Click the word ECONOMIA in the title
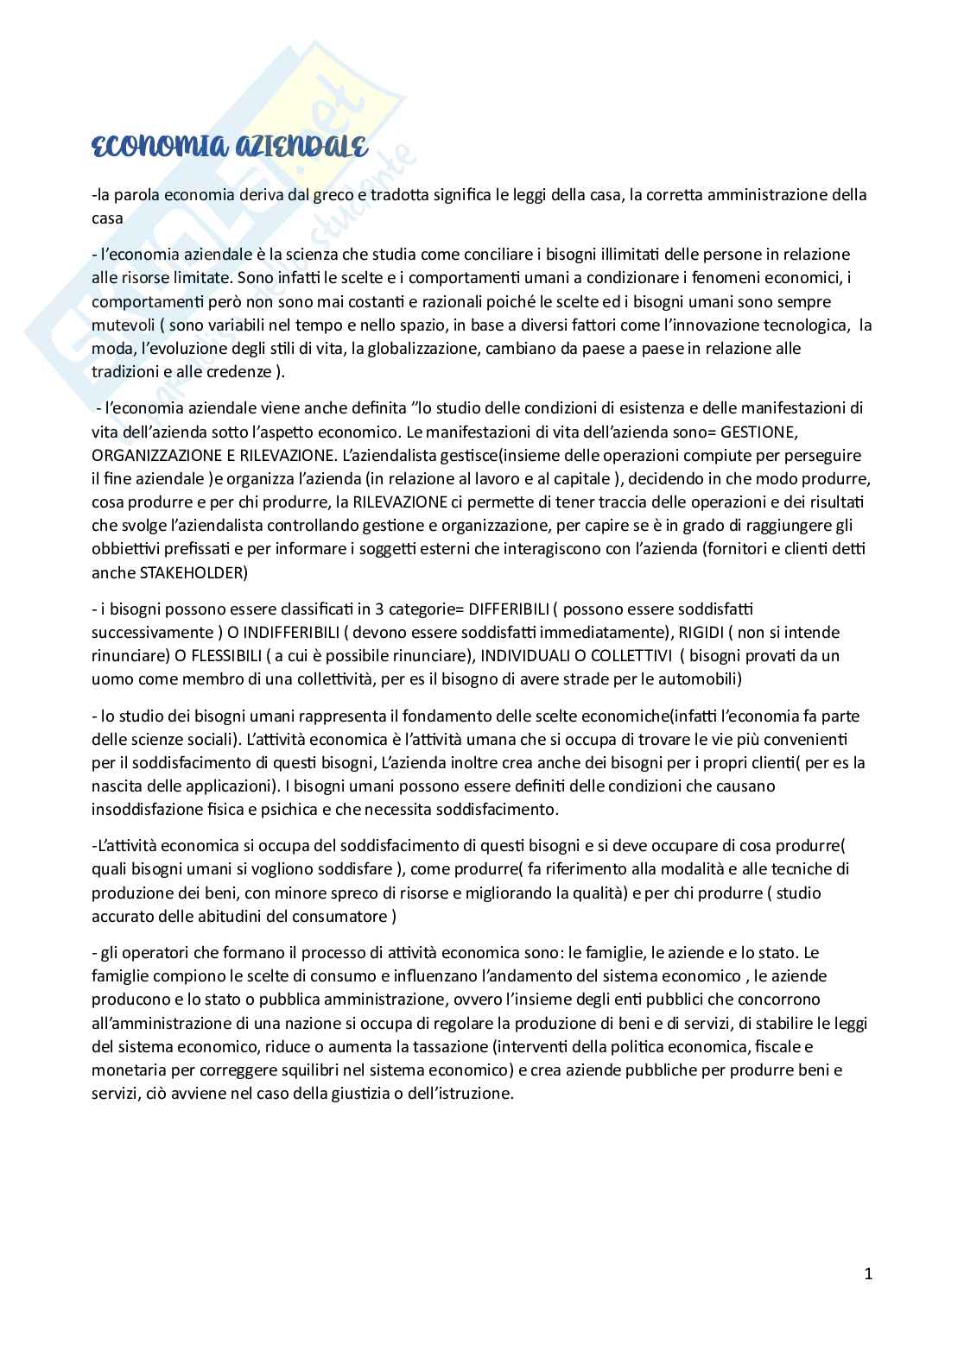(144, 148)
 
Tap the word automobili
(695, 679)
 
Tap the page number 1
(868, 1274)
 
